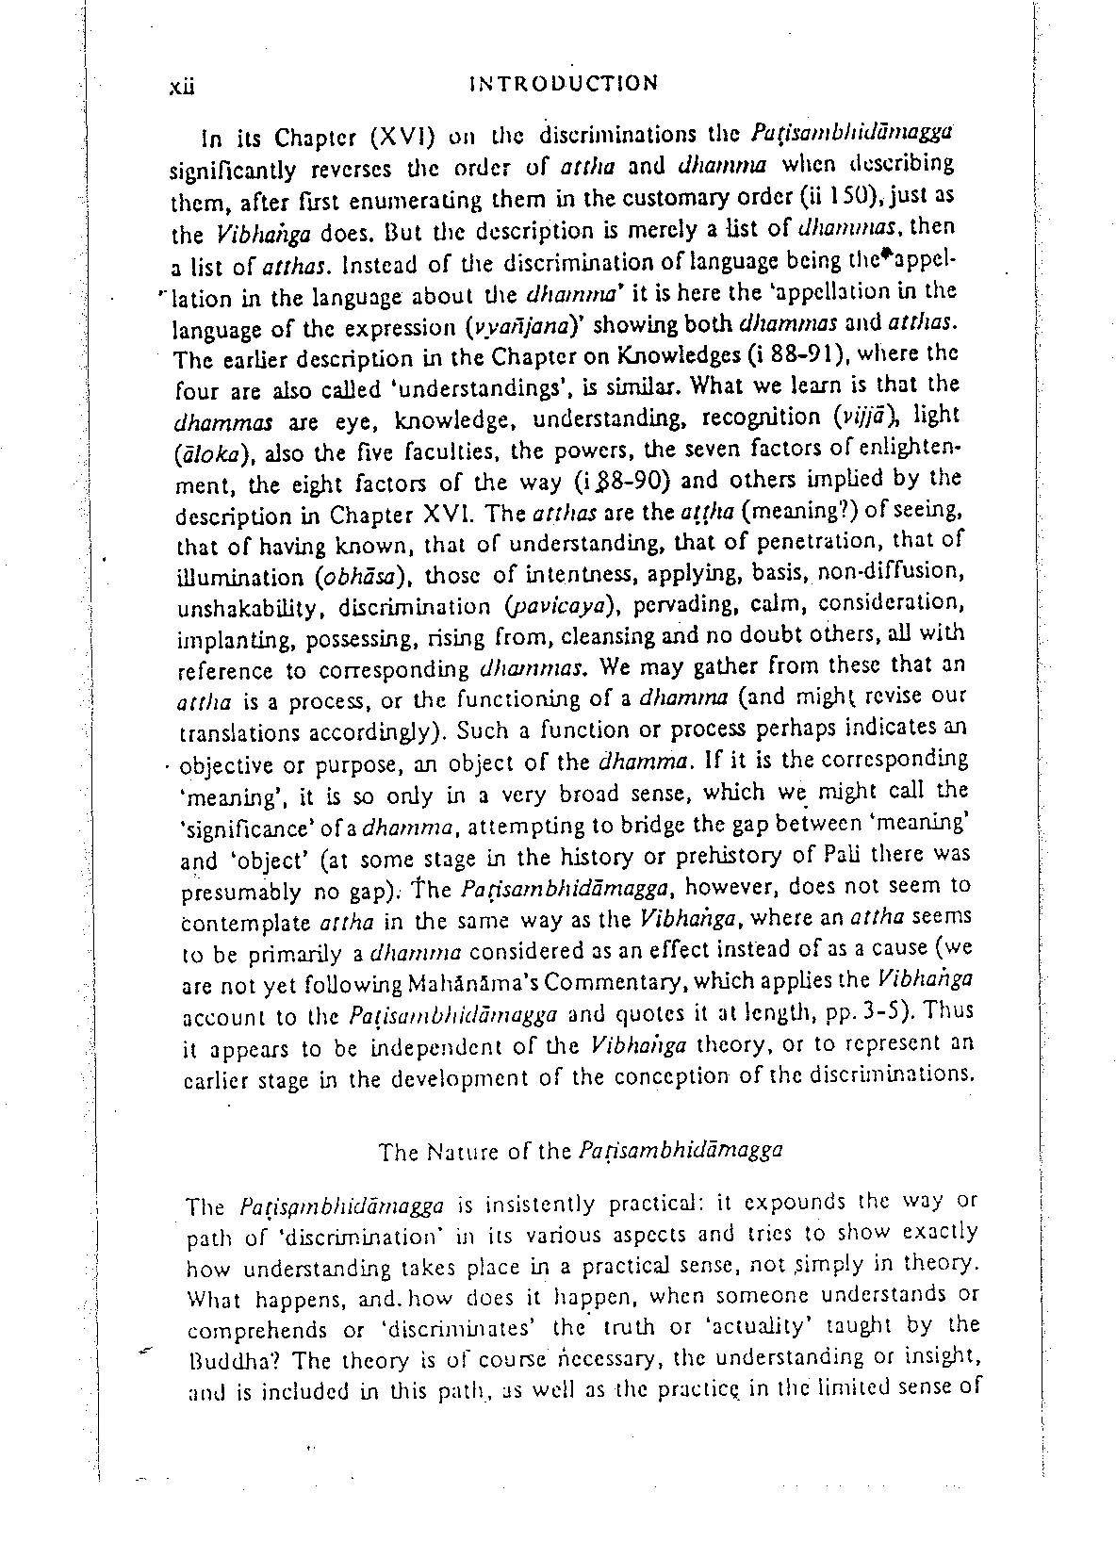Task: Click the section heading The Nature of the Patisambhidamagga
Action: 581,1151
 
